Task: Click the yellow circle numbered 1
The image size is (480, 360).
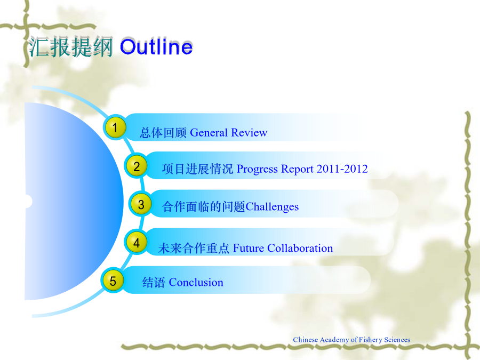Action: point(115,127)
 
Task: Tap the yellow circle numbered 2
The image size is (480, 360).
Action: point(136,166)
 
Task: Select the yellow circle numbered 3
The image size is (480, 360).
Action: point(141,204)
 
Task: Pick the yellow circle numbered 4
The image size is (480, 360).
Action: point(136,243)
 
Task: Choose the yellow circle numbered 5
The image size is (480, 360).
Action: point(113,281)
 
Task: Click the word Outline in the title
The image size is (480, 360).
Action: point(156,47)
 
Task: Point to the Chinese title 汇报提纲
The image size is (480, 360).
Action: point(71,47)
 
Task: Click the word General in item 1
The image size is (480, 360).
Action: point(209,133)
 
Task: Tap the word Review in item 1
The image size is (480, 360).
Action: point(249,133)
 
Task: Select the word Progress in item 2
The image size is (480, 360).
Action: point(258,169)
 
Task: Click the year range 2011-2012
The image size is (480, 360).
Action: point(342,169)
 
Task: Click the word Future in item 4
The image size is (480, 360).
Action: point(248,248)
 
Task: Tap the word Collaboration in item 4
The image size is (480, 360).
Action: point(300,248)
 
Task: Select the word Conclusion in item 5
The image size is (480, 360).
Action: point(196,282)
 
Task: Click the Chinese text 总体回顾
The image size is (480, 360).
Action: point(163,133)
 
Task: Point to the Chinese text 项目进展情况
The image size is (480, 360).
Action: point(197,169)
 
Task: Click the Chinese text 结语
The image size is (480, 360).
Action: point(154,283)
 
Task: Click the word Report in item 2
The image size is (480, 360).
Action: point(297,169)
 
